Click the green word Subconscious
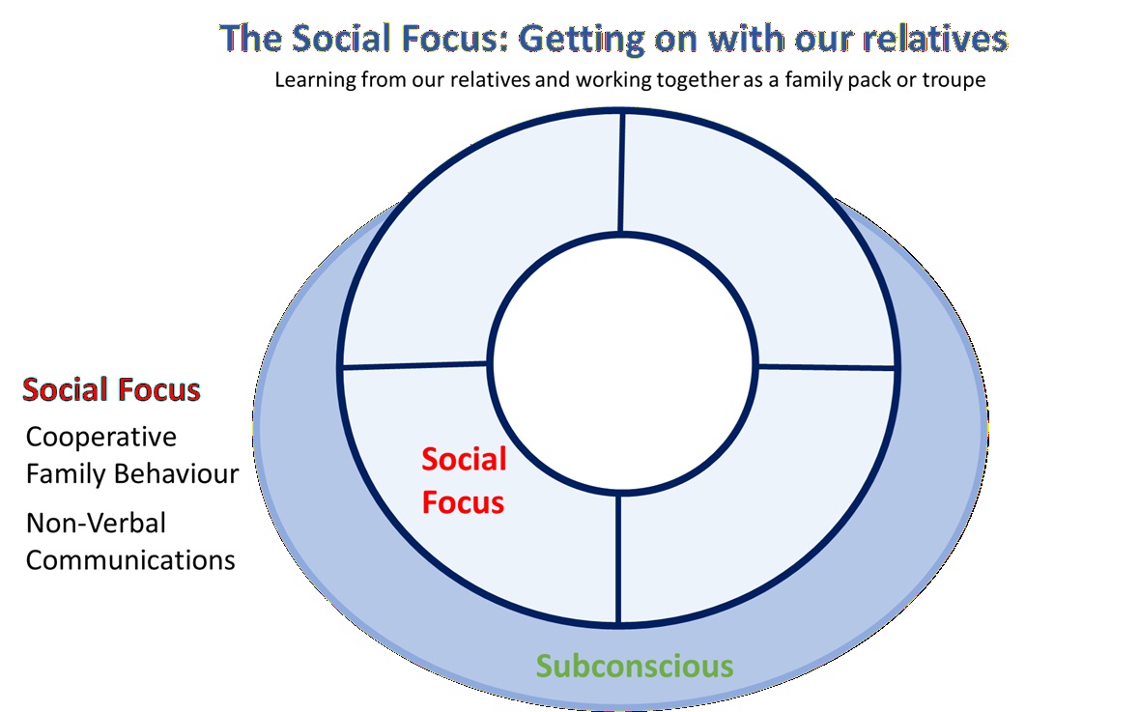(635, 666)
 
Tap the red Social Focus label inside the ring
(464, 480)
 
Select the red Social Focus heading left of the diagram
(111, 390)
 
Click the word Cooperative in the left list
(101, 437)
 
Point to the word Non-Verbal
(96, 523)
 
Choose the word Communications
(130, 559)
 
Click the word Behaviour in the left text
(184, 474)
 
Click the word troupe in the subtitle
(954, 80)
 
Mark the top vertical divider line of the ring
(621, 174)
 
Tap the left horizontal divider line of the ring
(415, 365)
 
